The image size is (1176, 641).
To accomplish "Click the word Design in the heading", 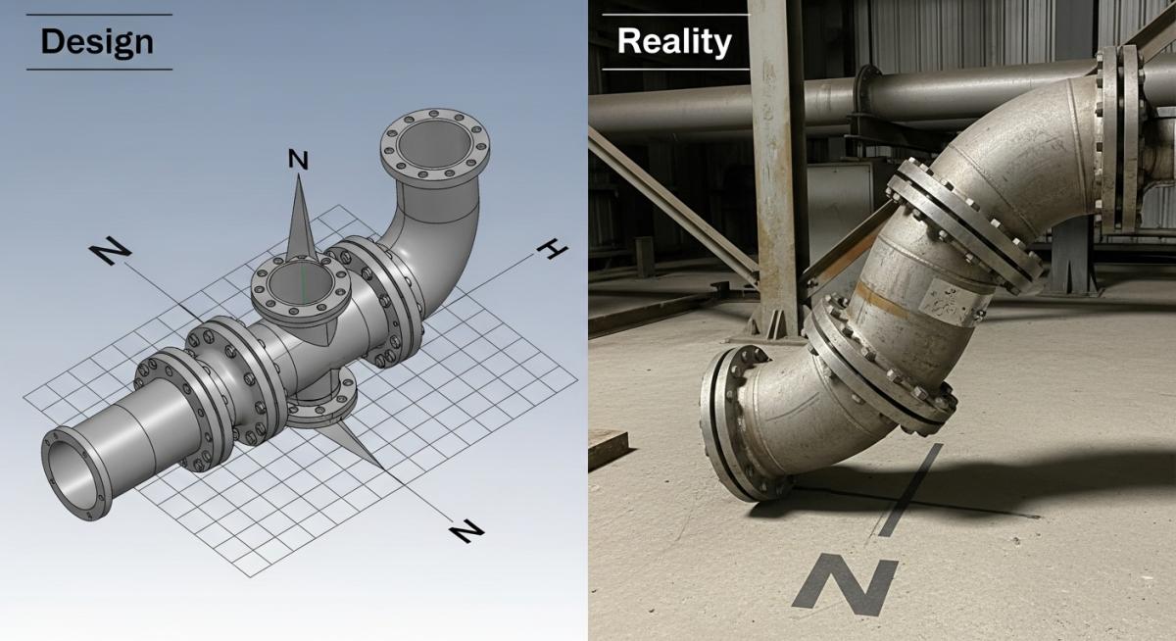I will coord(97,42).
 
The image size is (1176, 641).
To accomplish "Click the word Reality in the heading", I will coord(674,42).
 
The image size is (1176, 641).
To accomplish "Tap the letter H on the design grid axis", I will coord(552,251).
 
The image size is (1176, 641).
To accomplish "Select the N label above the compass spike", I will coord(298,159).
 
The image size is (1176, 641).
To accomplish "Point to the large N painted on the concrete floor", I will coord(846,585).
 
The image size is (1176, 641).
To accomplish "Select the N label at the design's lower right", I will coord(466,532).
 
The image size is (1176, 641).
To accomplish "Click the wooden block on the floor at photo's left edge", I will coord(606,447).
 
